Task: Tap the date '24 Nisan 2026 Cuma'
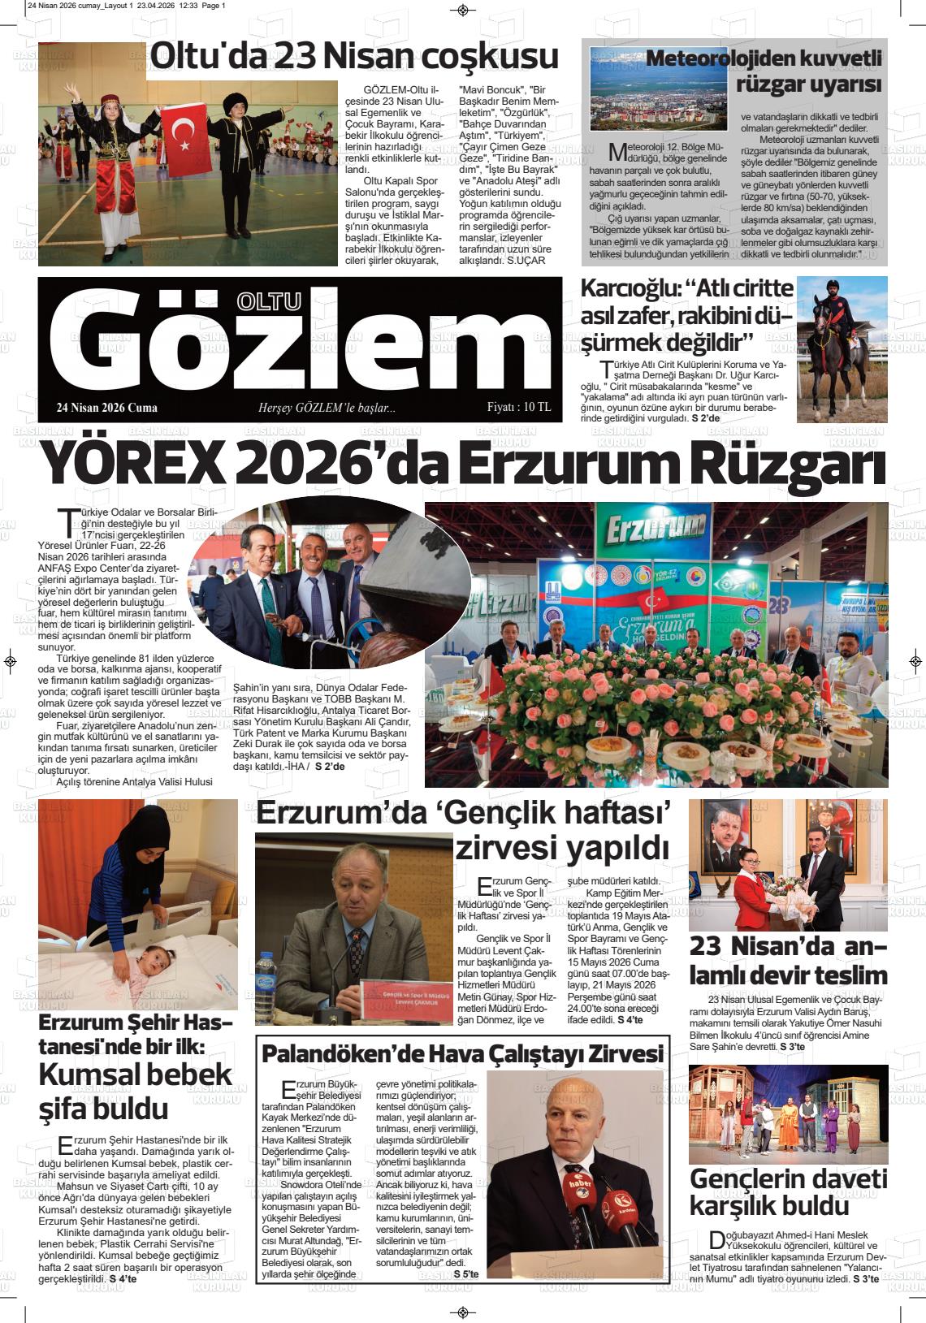(x=107, y=408)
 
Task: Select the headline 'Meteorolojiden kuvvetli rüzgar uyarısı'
(x=764, y=71)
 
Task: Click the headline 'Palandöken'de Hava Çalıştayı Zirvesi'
(x=463, y=1053)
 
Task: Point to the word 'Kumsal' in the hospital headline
(x=89, y=1074)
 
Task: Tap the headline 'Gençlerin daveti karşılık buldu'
(x=788, y=1191)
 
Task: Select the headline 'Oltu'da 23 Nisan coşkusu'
(x=354, y=57)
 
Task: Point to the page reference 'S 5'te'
(x=467, y=1273)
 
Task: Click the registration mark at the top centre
(x=463, y=10)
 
